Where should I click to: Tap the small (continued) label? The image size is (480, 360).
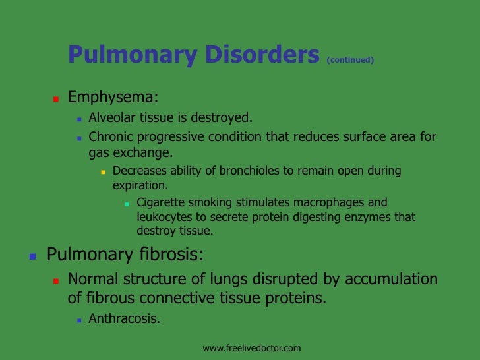tap(350, 60)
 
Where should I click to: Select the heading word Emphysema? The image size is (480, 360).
tap(113, 98)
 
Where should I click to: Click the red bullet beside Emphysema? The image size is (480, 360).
tap(56, 100)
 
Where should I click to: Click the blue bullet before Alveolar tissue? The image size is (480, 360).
tap(79, 120)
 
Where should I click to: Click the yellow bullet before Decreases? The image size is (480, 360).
tap(103, 172)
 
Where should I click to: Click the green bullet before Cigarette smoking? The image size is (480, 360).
tap(127, 204)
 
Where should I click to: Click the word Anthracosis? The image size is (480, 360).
tap(124, 320)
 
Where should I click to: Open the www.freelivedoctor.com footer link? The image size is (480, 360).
tap(251, 347)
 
